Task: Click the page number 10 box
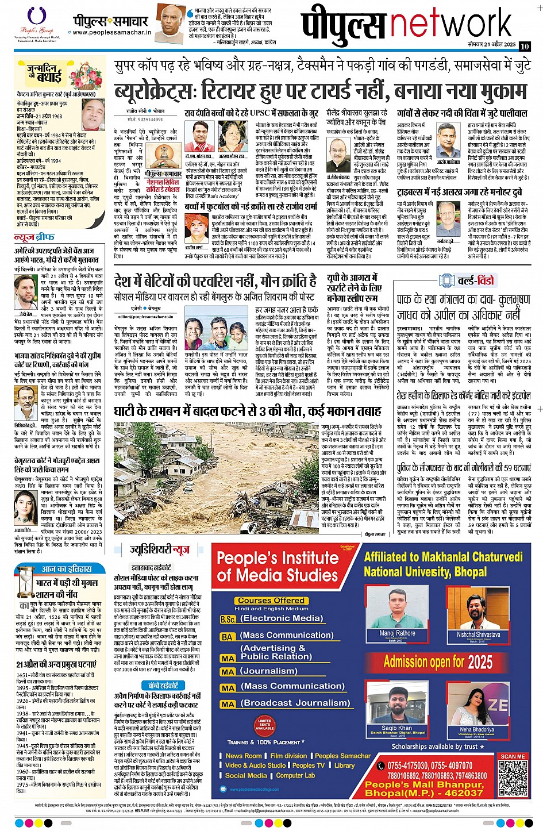[x=524, y=47]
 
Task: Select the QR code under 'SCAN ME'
[x=513, y=775]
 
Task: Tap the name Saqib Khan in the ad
[x=396, y=728]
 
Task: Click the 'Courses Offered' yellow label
[x=271, y=601]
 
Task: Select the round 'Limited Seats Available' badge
[x=265, y=724]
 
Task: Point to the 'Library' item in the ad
[x=344, y=765]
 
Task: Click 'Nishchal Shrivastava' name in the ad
[x=479, y=635]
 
